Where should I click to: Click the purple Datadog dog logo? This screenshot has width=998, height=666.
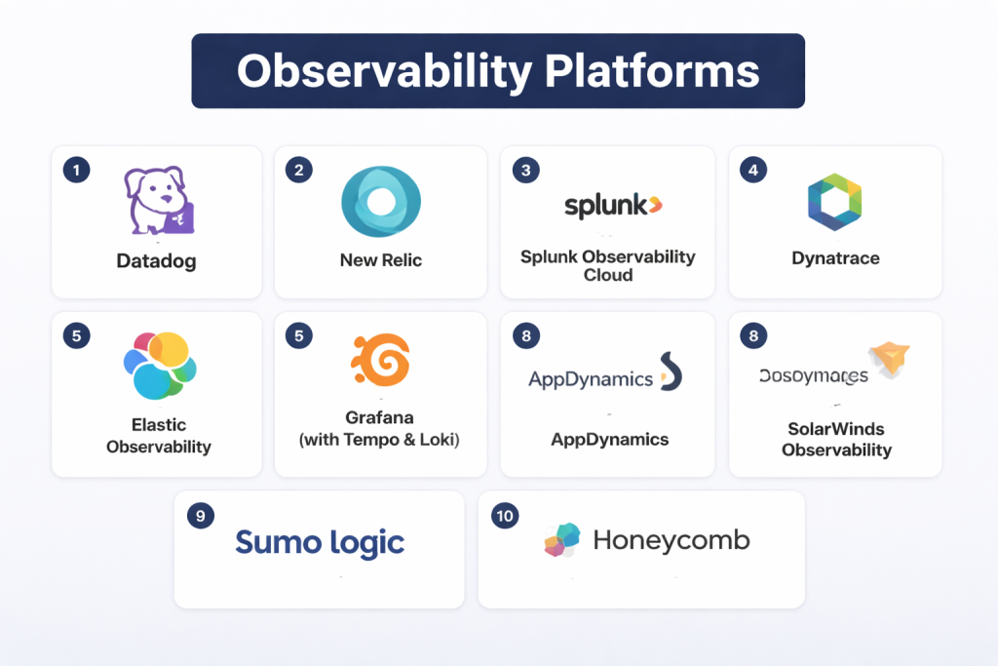160,200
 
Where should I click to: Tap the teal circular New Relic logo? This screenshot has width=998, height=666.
381,202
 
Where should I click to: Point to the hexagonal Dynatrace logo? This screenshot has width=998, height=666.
835,202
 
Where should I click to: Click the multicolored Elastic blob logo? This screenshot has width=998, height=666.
160,366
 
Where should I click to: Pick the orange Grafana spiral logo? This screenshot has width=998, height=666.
380,361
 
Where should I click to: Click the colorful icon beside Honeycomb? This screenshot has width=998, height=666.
562,540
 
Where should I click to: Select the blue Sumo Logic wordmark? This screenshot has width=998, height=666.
320,542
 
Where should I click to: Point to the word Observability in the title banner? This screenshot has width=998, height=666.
383,71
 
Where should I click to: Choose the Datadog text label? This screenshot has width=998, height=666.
156,261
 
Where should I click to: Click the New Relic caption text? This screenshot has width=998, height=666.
381,260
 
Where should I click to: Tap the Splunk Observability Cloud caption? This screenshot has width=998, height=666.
608,266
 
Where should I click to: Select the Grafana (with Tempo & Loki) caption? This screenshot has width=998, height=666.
379,428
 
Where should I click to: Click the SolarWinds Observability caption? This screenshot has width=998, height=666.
836,439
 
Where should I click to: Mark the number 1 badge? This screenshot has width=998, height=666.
76,170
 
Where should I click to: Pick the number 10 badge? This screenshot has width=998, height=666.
505,516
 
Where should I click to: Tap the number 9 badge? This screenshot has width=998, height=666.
200,516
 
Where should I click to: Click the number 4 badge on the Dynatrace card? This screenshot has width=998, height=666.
752,170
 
